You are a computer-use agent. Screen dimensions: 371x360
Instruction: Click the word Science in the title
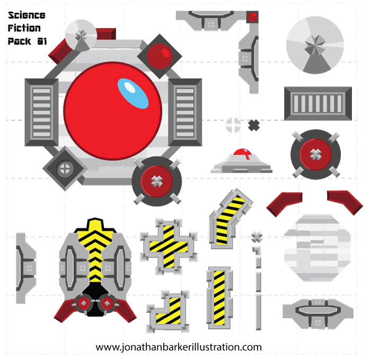pos(26,15)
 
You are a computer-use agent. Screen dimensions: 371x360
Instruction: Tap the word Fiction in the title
pos(24,28)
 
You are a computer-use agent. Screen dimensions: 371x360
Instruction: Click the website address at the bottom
pos(179,347)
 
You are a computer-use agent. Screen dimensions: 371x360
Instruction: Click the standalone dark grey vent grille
pos(317,104)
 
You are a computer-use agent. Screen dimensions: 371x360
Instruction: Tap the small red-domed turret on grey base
pos(242,161)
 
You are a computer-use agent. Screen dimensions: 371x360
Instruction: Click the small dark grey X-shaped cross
pos(254,125)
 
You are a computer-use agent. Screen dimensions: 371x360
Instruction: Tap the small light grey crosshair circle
pos(233,125)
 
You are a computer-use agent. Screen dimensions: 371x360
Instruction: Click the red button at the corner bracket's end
pos(253,17)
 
